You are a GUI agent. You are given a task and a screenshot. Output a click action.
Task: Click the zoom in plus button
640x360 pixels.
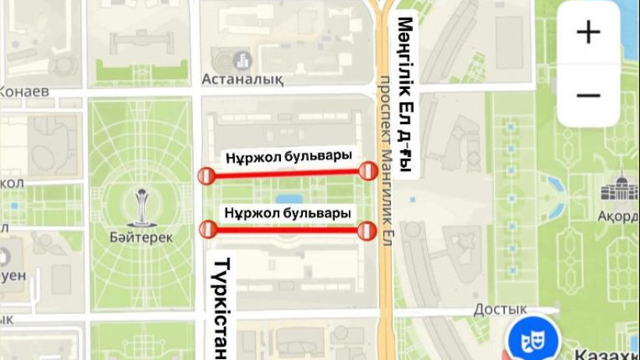588,32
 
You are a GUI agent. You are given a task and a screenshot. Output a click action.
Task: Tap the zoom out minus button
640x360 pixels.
588,95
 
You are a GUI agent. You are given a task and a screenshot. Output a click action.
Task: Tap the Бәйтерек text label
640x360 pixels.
142,237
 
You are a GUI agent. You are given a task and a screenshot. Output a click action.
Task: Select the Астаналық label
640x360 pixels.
242,79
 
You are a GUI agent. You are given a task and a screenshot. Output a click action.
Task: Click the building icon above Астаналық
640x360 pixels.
242,59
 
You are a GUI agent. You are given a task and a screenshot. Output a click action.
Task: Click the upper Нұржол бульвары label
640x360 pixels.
288,155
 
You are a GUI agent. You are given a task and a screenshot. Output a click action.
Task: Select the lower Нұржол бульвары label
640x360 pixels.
287,212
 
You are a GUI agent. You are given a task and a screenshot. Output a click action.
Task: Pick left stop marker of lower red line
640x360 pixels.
208,229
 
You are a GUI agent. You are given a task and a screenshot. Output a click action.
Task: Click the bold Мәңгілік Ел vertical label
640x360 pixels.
404,98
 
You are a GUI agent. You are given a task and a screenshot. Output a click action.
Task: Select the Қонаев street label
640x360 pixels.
23,91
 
